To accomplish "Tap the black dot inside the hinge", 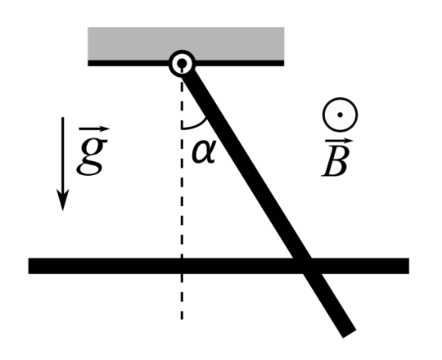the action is (182, 62).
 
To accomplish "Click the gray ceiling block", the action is (186, 43).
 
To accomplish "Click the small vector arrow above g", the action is (94, 129).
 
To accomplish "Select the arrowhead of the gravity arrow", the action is (63, 200).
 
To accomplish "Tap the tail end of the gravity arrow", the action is (63, 117).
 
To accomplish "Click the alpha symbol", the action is (204, 151).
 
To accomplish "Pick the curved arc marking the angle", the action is (197, 126).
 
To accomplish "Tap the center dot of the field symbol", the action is (340, 115).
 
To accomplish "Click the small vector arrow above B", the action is (339, 141).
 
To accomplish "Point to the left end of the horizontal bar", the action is (29, 266).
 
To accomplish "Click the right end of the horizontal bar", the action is (408, 266).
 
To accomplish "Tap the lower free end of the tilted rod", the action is (350, 334).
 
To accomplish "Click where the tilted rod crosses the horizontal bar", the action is (303, 266).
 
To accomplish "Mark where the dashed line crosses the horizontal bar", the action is (182, 266).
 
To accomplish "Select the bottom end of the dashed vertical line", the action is (182, 319).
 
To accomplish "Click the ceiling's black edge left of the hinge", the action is (129, 63).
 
